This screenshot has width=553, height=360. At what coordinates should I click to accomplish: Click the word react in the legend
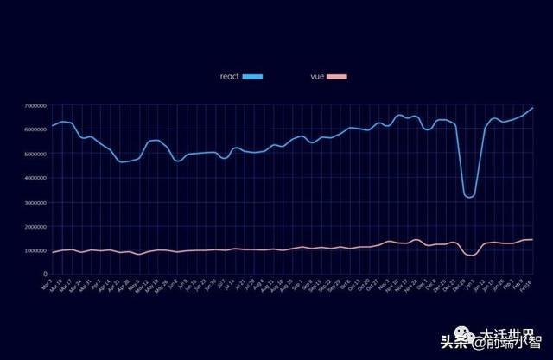point(229,77)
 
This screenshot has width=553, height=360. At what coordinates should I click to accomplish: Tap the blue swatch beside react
point(252,77)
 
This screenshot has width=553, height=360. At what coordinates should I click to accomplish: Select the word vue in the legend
point(317,77)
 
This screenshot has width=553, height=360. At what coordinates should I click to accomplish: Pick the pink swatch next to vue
point(337,77)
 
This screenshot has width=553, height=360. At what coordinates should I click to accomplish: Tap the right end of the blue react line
point(533,108)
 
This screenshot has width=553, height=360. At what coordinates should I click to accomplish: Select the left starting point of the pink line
point(53,252)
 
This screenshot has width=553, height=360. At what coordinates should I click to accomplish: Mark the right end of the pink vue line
point(533,239)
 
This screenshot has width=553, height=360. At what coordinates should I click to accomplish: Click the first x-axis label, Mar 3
point(48,284)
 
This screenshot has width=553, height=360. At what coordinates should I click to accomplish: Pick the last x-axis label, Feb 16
point(527,285)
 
